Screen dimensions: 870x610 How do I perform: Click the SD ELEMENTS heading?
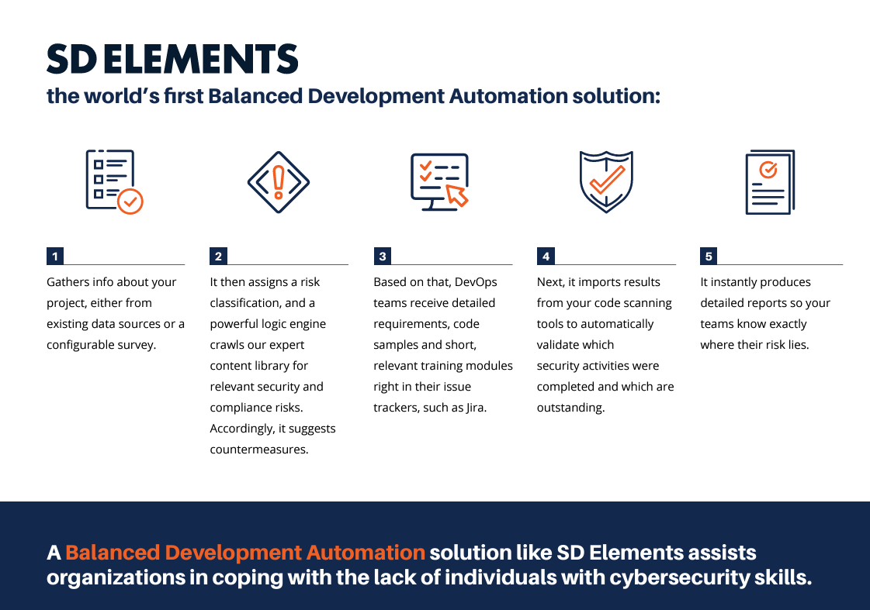point(172,59)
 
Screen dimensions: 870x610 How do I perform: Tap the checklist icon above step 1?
point(114,181)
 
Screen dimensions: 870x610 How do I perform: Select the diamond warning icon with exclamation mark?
point(279,182)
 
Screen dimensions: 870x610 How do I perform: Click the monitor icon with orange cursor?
point(440,181)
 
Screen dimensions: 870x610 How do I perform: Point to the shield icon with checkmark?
point(606,181)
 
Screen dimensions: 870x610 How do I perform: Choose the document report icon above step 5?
point(770,181)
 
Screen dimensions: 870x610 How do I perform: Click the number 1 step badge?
point(55,256)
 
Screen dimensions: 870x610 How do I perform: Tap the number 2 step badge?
point(219,256)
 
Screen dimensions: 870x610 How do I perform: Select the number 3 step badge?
point(383,256)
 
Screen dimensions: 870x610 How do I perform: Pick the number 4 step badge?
point(546,256)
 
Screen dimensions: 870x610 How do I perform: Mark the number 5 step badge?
point(709,256)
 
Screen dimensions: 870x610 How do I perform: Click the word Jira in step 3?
point(476,408)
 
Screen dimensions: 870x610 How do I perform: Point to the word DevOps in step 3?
point(476,283)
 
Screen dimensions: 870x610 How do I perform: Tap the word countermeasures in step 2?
point(259,450)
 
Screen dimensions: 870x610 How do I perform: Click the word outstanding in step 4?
point(571,408)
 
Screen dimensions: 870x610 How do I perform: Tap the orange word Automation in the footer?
point(366,553)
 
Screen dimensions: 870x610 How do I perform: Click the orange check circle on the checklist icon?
point(130,202)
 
